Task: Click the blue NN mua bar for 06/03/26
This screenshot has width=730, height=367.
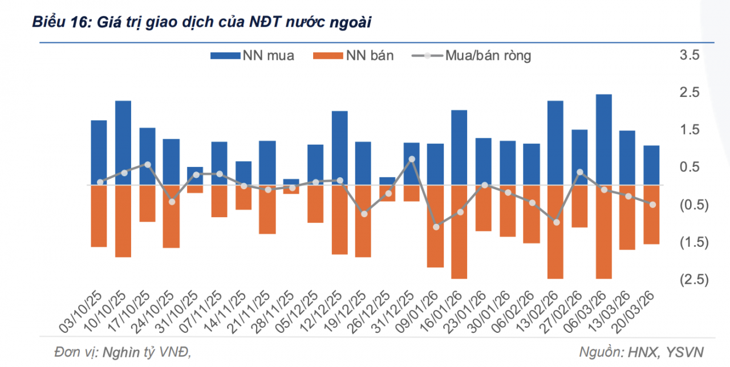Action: pyautogui.click(x=603, y=140)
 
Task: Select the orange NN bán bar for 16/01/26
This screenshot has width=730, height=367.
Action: pyautogui.click(x=459, y=231)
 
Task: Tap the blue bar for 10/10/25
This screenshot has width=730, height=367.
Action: pyautogui.click(x=123, y=142)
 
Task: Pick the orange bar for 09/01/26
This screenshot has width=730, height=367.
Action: pyautogui.click(x=435, y=226)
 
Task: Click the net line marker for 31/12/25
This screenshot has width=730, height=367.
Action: pyautogui.click(x=412, y=160)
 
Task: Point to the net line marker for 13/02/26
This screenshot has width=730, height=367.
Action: pyautogui.click(x=556, y=222)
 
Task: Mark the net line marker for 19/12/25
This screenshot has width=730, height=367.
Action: pyautogui.click(x=364, y=214)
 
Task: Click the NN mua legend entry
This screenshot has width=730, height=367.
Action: pyautogui.click(x=252, y=56)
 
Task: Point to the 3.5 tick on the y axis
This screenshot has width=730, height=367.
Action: pyautogui.click(x=690, y=55)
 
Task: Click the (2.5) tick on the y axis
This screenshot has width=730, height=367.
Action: pyautogui.click(x=690, y=279)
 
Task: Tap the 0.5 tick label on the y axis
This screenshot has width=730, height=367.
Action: pyautogui.click(x=690, y=167)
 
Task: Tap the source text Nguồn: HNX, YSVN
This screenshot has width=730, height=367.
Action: pyautogui.click(x=641, y=352)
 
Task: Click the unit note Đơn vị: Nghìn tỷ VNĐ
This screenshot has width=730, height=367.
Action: pyautogui.click(x=122, y=352)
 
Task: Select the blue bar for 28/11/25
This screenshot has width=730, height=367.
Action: pyautogui.click(x=291, y=182)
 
